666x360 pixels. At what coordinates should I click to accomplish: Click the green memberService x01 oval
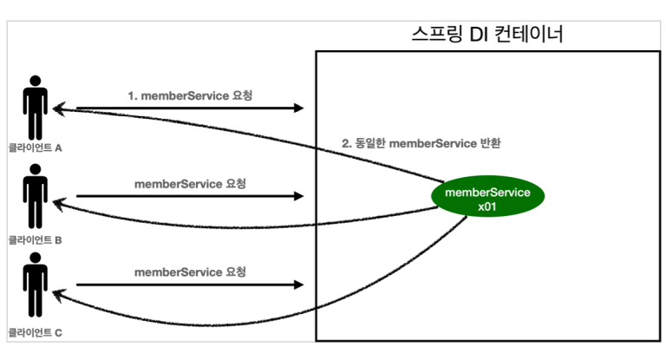(x=486, y=198)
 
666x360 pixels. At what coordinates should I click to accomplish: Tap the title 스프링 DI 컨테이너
(x=488, y=35)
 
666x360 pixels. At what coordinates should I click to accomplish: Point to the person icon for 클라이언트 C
(x=36, y=287)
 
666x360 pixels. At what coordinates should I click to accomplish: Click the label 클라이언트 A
(x=36, y=148)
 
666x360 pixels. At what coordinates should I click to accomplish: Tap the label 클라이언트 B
(x=36, y=239)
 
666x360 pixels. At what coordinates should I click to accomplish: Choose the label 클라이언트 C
(x=36, y=331)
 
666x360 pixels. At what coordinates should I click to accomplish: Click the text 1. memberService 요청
(x=190, y=94)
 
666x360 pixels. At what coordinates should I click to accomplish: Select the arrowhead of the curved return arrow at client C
(x=60, y=295)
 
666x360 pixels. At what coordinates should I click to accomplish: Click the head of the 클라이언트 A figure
(x=36, y=82)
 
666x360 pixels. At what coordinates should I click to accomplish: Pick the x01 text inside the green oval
(x=486, y=206)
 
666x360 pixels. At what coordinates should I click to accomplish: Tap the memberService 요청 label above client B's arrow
(x=190, y=183)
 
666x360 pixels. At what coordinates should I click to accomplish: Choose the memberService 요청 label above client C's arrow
(x=190, y=272)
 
